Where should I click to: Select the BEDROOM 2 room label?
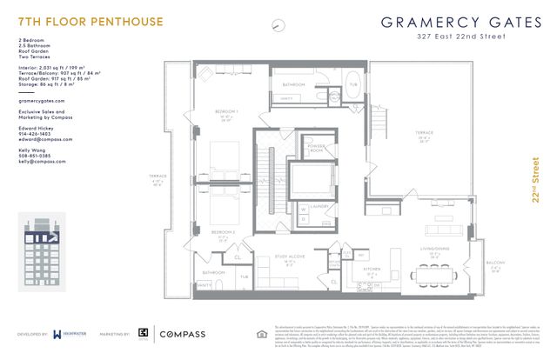click(x=225, y=232)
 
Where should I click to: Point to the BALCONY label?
click(x=494, y=263)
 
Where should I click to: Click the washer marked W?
click(x=304, y=209)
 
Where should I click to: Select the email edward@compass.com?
click(x=42, y=139)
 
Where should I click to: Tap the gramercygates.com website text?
click(x=42, y=101)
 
